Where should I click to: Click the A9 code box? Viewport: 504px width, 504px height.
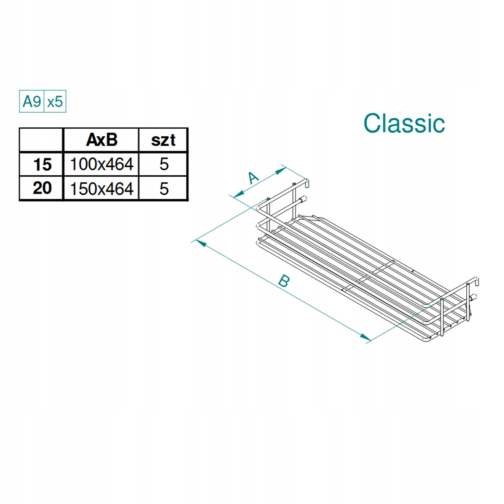point(32,101)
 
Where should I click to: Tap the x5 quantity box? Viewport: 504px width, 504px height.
point(55,101)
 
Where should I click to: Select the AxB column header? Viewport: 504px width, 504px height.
point(101,140)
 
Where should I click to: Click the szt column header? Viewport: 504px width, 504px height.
point(163,140)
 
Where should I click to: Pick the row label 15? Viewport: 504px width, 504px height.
point(42,165)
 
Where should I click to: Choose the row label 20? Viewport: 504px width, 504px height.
point(42,188)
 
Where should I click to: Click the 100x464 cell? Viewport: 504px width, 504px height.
point(101,164)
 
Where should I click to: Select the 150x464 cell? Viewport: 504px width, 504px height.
point(101,188)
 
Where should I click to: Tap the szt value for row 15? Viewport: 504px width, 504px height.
point(164,164)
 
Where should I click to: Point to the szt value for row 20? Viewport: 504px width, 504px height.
point(164,188)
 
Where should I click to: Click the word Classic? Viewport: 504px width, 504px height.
point(404,123)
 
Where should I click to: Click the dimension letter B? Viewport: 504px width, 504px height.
point(284,281)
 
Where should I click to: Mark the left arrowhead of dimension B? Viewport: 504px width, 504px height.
point(201,243)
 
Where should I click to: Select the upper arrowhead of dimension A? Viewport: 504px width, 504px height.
point(281,171)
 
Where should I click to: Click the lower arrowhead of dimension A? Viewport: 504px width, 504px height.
point(239,194)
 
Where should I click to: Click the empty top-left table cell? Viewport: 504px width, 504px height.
point(41,140)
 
